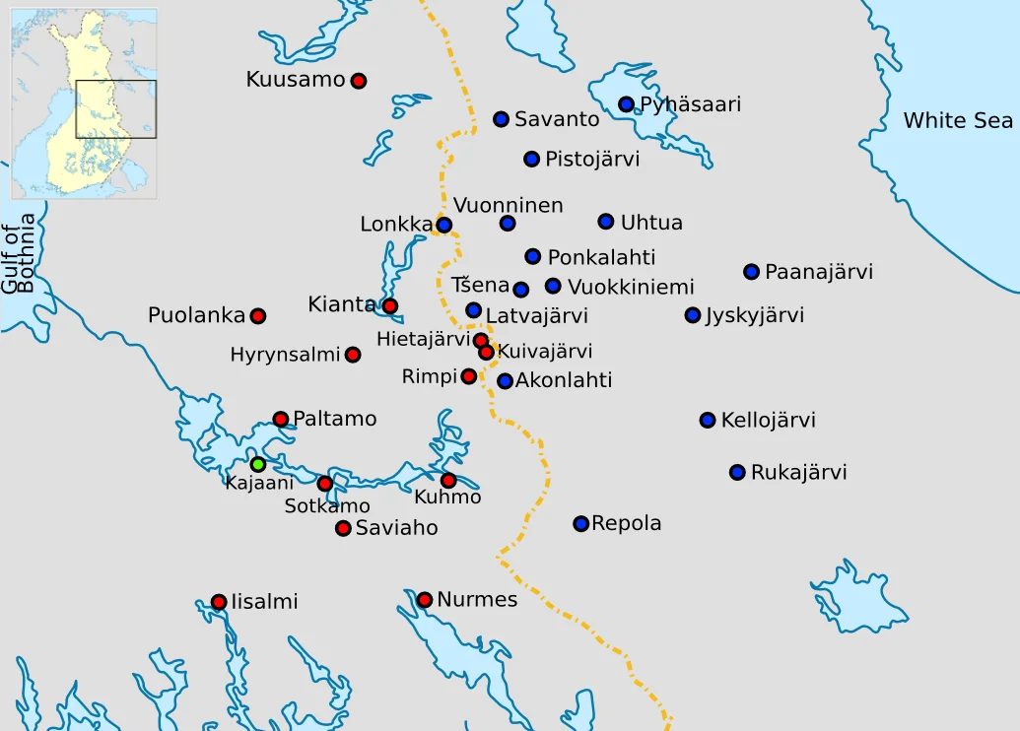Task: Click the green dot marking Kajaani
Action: (x=257, y=464)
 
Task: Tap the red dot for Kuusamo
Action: (x=359, y=81)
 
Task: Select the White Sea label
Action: (x=958, y=120)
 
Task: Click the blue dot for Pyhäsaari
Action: (x=626, y=104)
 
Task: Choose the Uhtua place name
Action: (x=651, y=223)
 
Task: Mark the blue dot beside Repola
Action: (x=580, y=523)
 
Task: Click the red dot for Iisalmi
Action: (x=219, y=602)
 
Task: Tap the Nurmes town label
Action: (x=477, y=600)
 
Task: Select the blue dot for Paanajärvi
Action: (x=751, y=272)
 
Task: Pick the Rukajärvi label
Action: (x=798, y=473)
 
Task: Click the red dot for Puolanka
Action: (x=257, y=316)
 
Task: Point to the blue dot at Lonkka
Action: (x=443, y=225)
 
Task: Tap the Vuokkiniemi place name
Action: (x=631, y=288)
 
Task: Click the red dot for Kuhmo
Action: (x=448, y=481)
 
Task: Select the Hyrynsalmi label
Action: (x=285, y=355)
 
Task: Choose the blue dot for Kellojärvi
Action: (x=707, y=421)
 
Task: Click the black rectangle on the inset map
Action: (x=115, y=109)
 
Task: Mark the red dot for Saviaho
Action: (x=343, y=528)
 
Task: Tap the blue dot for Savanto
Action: (x=501, y=119)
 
